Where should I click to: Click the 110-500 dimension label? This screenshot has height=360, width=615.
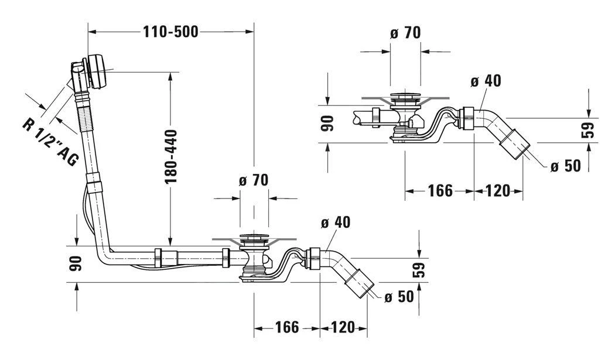170,32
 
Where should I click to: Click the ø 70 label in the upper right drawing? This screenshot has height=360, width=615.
405,33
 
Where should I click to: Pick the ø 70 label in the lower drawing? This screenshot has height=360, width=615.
253,180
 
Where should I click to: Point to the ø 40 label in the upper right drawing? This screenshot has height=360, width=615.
486,81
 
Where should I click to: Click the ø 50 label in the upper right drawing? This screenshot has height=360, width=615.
565,166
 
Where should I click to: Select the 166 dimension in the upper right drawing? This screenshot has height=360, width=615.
440,190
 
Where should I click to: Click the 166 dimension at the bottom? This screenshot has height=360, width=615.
287,327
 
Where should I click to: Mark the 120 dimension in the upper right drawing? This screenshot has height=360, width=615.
498,190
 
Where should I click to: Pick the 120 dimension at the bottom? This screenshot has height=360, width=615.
343,327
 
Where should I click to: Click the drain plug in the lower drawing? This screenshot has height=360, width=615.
254,238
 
